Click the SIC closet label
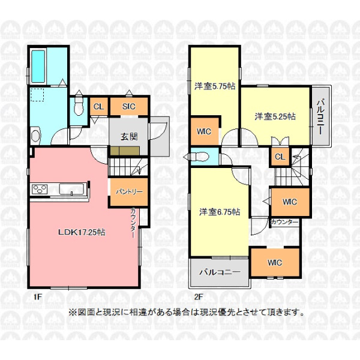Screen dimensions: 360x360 [x=129, y=107]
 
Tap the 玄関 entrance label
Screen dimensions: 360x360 [x=129, y=137]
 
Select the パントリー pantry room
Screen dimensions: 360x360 [x=129, y=192]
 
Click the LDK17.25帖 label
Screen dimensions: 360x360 [x=82, y=232]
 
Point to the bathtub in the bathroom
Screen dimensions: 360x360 [x=38, y=66]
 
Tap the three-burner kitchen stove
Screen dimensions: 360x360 [x=40, y=190]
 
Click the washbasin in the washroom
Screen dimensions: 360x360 [x=35, y=136]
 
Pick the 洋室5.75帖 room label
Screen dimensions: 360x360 [x=215, y=86]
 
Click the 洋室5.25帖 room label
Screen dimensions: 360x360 [x=275, y=116]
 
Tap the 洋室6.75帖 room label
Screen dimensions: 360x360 [x=220, y=212]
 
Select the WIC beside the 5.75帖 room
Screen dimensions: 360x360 [x=205, y=131]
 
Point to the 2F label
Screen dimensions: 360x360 [x=199, y=297]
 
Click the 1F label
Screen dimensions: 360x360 [x=38, y=297]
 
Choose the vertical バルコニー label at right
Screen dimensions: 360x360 [x=320, y=116]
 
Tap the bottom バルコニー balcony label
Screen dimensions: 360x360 [x=220, y=272]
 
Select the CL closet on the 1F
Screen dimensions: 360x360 [x=99, y=107]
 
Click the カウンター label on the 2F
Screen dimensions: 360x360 [x=284, y=222]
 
